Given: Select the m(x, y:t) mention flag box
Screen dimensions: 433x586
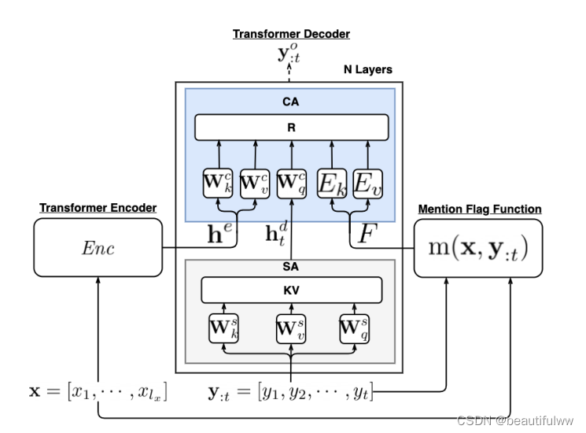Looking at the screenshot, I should tap(478, 249).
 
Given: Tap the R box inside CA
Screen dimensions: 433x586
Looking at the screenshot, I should tap(291, 127).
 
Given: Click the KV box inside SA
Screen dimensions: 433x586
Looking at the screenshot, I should tap(291, 290).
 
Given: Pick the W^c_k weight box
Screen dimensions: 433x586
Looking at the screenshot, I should tap(219, 184).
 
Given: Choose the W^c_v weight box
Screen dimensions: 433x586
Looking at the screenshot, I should tap(253, 184).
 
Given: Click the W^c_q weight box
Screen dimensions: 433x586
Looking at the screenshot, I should tap(291, 184).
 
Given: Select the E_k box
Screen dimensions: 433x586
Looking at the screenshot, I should tap(331, 184).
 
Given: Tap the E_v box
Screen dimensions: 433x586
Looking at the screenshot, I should tap(367, 184).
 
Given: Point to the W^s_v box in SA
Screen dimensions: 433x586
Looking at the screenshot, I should tap(291, 328).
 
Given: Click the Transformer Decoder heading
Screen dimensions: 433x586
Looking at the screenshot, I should tap(291, 34).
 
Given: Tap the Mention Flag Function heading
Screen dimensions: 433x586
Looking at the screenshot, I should tap(479, 209).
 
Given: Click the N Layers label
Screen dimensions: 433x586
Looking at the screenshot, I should tap(367, 69).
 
